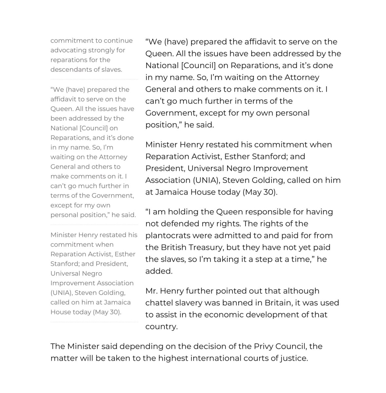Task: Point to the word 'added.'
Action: click(159, 271)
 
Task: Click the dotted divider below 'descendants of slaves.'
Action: click(94, 79)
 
